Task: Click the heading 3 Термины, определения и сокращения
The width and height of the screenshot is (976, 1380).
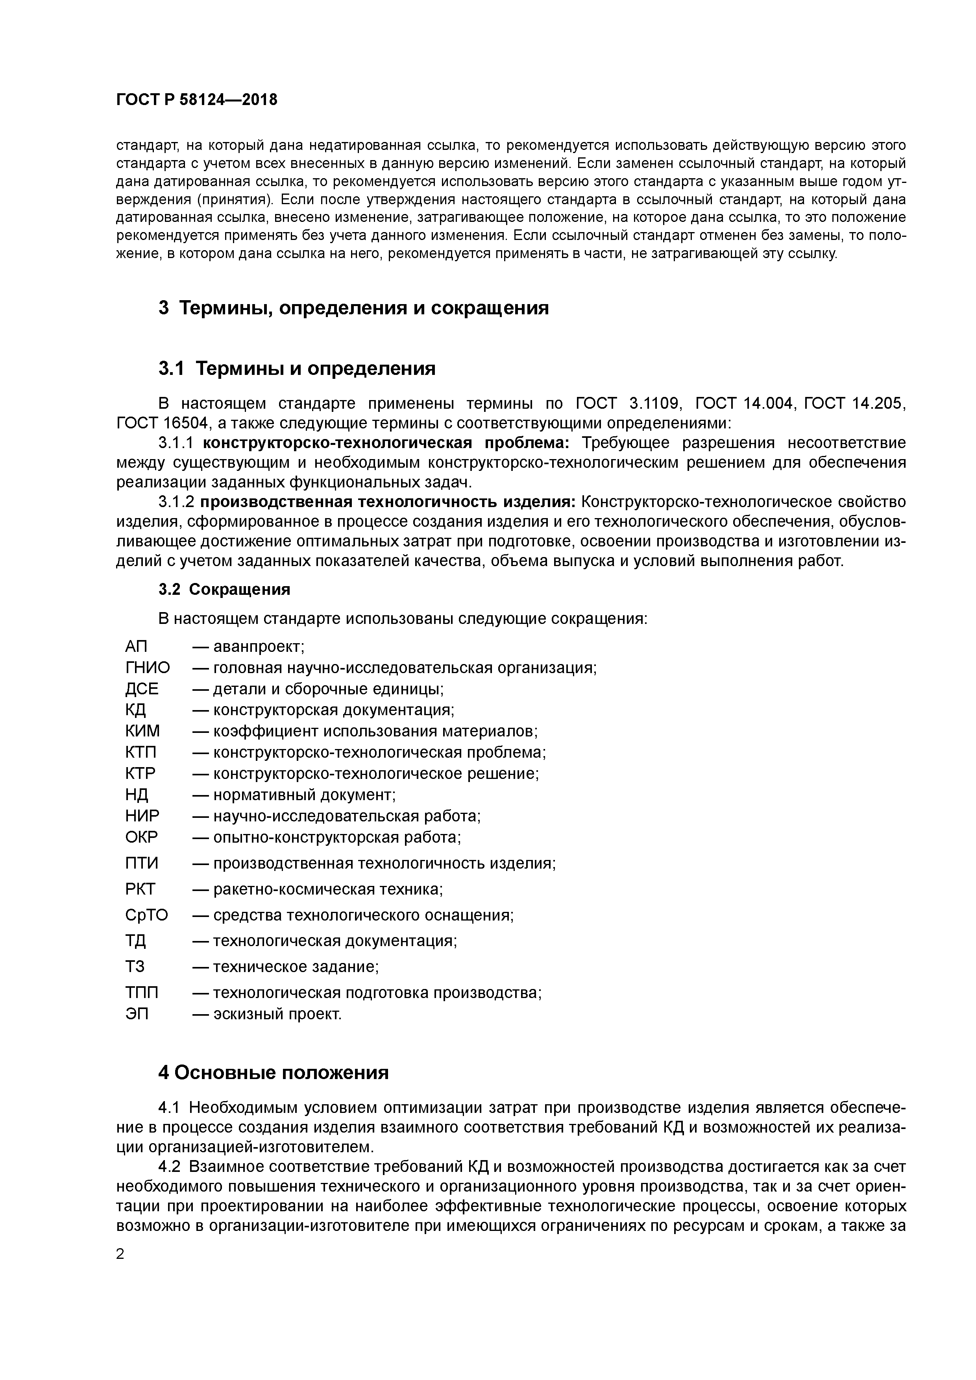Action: [353, 308]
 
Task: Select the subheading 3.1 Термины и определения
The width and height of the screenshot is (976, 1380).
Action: [297, 368]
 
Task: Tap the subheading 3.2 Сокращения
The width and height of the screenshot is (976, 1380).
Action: [224, 589]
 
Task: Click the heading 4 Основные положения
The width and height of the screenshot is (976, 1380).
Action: [274, 1073]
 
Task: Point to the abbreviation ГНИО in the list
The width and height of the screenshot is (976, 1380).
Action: [147, 668]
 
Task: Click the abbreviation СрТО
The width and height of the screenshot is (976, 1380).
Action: [146, 915]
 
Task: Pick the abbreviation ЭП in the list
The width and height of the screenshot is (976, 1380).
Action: [137, 1014]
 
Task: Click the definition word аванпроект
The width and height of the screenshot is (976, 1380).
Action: [259, 647]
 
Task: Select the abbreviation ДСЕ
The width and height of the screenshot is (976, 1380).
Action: [142, 689]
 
